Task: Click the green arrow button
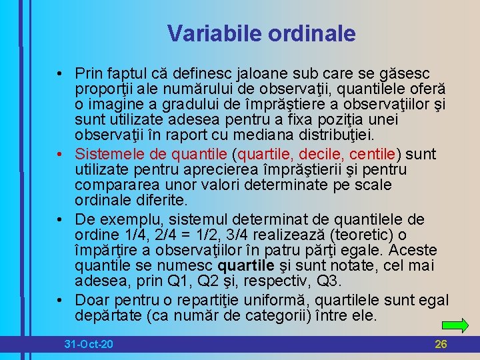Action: (x=455, y=325)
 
